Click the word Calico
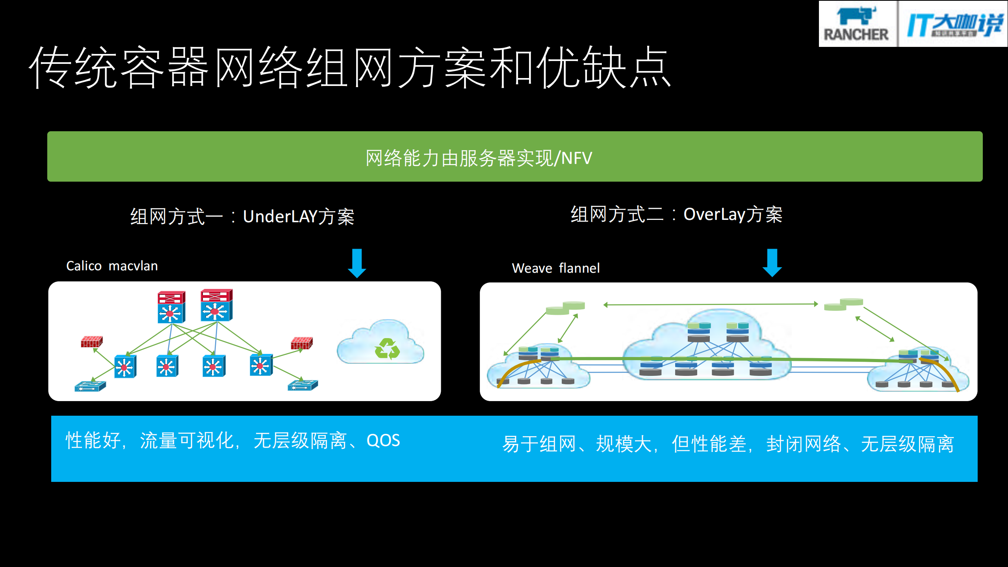(x=84, y=266)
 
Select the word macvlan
(x=133, y=266)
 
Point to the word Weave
(x=532, y=268)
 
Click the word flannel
(x=579, y=268)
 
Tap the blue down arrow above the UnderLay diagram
(x=357, y=263)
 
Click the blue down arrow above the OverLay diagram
(x=772, y=263)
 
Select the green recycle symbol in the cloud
(x=387, y=349)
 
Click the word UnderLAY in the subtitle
(x=280, y=216)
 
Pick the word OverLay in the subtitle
(x=714, y=214)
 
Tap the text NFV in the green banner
(x=576, y=158)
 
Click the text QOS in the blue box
(x=383, y=440)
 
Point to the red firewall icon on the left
(x=91, y=342)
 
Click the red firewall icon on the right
(x=301, y=343)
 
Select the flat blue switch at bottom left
(x=90, y=386)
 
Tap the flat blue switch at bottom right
(x=303, y=385)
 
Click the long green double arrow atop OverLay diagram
(x=711, y=304)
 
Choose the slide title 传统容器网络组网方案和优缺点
(x=350, y=67)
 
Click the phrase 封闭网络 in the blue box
(x=804, y=444)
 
